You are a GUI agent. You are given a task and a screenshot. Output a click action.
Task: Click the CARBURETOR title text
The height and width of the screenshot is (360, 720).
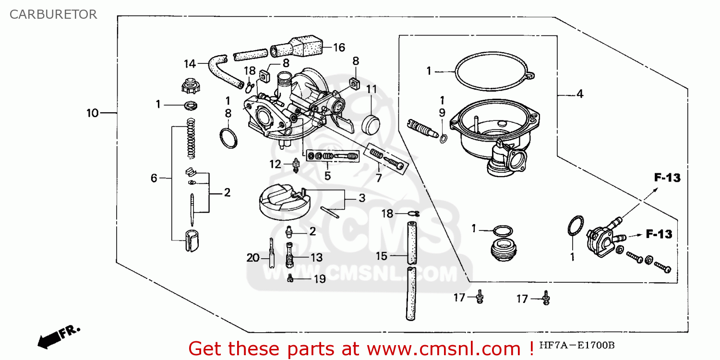[x=53, y=14]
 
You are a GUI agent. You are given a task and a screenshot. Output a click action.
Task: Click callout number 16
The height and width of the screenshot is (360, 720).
[x=339, y=48]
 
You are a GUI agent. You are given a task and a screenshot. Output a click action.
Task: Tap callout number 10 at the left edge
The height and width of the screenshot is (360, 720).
[x=92, y=113]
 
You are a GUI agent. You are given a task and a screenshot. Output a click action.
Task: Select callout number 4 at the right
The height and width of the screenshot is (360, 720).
[x=579, y=94]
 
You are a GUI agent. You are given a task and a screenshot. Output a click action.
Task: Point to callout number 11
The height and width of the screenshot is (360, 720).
[x=372, y=89]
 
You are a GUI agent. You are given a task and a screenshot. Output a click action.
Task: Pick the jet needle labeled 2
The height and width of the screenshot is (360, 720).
[x=192, y=209]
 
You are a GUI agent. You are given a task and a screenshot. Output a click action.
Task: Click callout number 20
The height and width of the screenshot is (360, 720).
[x=253, y=258]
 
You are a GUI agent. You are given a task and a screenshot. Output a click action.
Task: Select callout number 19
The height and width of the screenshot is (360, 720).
[x=320, y=279]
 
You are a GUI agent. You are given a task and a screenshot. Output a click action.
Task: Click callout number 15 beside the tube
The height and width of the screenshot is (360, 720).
[x=381, y=256]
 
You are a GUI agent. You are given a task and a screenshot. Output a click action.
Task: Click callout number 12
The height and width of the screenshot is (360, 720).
[x=275, y=165]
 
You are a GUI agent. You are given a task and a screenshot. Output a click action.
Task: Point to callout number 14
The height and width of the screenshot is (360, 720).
[x=190, y=63]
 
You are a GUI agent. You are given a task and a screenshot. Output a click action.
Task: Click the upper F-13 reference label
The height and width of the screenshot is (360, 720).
[x=667, y=178]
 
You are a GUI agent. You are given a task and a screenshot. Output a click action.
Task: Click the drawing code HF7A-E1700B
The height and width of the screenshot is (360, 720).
[x=576, y=346]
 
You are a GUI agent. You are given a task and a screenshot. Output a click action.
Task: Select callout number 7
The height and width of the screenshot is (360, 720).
[x=379, y=179]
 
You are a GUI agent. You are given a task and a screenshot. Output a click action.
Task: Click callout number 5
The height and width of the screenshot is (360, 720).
[x=327, y=176]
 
